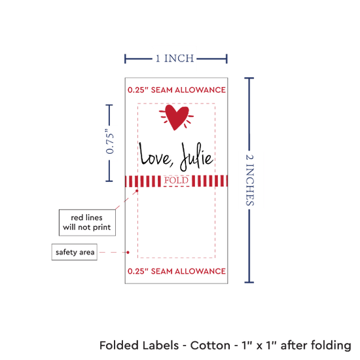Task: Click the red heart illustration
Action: (x=176, y=117)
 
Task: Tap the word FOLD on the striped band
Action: (x=176, y=181)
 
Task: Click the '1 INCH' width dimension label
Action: (x=175, y=58)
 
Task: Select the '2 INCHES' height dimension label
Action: (x=250, y=180)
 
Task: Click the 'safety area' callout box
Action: (x=75, y=252)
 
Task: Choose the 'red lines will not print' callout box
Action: (x=87, y=223)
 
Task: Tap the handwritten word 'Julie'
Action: (x=196, y=157)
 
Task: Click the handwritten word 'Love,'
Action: (x=156, y=154)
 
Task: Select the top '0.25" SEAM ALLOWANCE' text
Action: (x=177, y=90)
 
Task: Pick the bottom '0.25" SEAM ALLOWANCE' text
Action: (x=177, y=271)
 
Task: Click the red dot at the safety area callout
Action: (x=128, y=252)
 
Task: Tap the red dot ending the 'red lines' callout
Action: (x=137, y=190)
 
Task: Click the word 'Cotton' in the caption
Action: (x=210, y=346)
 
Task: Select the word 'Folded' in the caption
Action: (x=119, y=346)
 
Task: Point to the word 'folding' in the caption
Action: (x=331, y=346)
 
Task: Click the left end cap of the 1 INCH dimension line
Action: (x=125, y=59)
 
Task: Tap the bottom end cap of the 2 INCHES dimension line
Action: (x=249, y=282)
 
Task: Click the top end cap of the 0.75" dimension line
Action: (x=109, y=105)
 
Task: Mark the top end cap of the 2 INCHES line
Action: (x=249, y=79)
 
